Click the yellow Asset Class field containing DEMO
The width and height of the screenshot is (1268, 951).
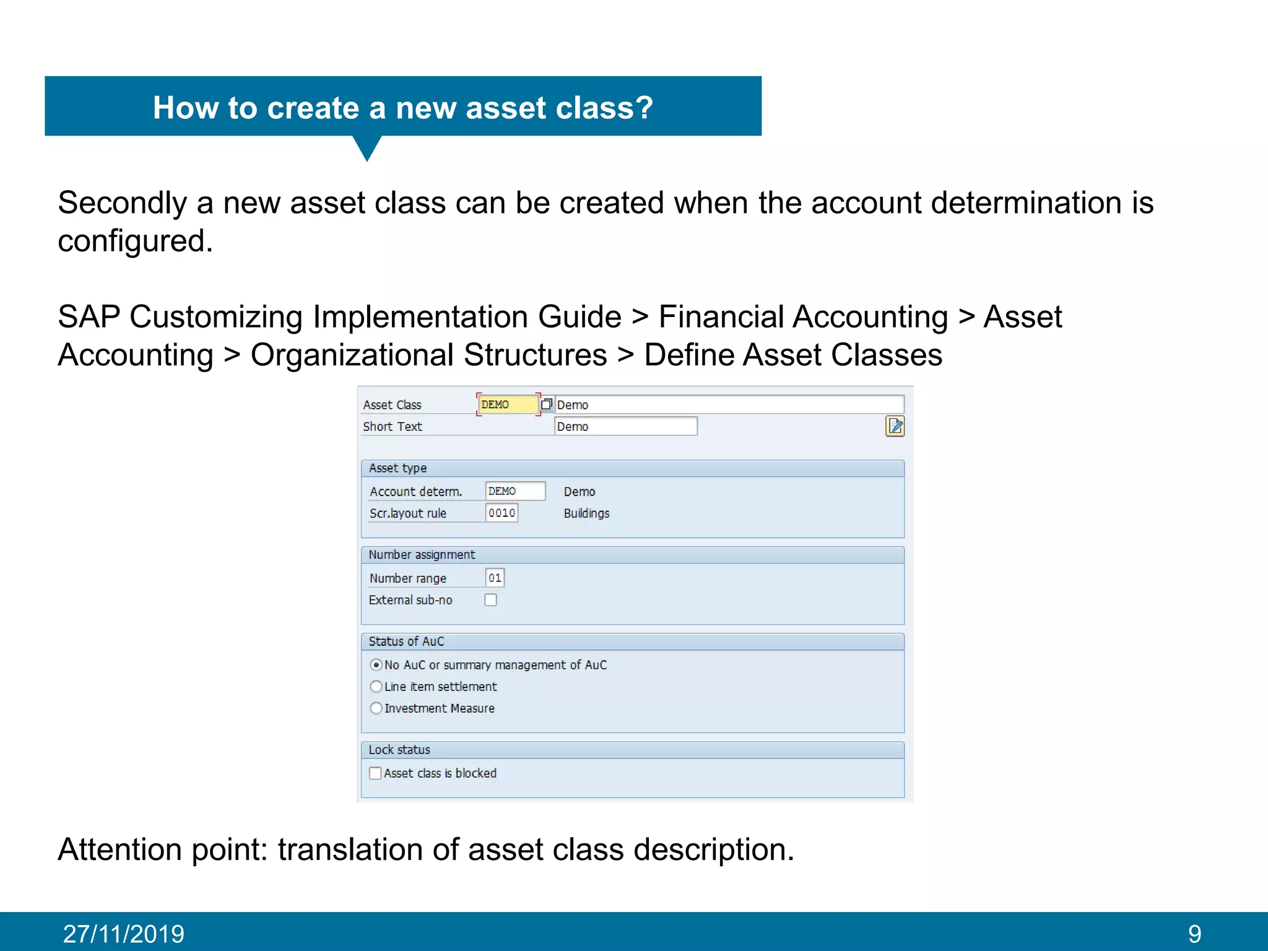(x=507, y=405)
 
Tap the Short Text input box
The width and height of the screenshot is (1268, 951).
(x=625, y=427)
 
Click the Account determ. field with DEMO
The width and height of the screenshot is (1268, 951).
(x=515, y=492)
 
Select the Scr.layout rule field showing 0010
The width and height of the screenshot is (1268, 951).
(x=502, y=513)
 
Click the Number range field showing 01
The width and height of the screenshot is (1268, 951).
(x=495, y=578)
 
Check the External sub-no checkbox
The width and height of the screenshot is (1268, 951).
(x=491, y=600)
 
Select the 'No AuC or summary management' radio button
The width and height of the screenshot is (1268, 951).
(x=376, y=665)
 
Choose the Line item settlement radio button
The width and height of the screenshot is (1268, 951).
(x=376, y=687)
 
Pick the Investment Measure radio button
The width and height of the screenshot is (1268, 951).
(x=376, y=708)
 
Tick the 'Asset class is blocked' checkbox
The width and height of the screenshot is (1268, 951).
(x=375, y=773)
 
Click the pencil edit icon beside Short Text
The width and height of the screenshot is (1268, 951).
(x=895, y=427)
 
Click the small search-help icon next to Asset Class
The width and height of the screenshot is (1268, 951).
(x=546, y=405)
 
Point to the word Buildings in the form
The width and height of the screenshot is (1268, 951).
(x=586, y=513)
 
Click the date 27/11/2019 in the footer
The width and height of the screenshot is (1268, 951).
(x=124, y=934)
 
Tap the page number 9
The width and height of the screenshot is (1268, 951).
(x=1194, y=934)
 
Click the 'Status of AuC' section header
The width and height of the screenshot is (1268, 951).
(x=406, y=641)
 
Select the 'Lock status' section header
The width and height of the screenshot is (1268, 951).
(x=399, y=750)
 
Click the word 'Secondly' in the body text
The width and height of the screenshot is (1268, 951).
(x=123, y=203)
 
